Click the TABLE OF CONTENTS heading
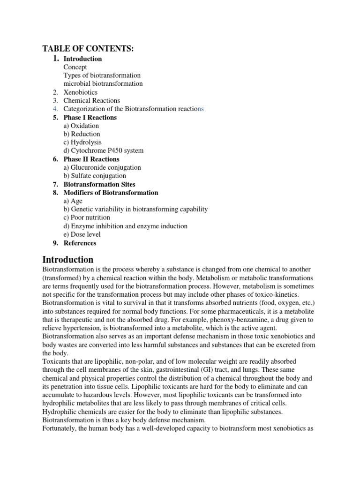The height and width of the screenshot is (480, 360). pos(88,48)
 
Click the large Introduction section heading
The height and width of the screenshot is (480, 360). pos(68,259)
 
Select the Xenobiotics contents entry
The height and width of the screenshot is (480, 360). pos(80,92)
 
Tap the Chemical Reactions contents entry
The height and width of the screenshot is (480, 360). pos(91,100)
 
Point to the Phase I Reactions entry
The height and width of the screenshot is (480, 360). pos(90,117)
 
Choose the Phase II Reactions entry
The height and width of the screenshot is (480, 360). pos(91,159)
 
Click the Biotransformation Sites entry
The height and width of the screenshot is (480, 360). pos(99,184)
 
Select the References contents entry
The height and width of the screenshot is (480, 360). pos(80,243)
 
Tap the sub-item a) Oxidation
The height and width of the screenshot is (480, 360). pos(81,126)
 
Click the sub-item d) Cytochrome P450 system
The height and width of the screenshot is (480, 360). pos(104,150)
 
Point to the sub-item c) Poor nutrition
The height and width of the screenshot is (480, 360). pos(87,217)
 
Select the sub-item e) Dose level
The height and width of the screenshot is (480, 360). pos(82,234)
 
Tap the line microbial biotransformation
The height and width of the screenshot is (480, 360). pos(103,83)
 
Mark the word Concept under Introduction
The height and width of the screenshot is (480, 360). pos(75,67)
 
